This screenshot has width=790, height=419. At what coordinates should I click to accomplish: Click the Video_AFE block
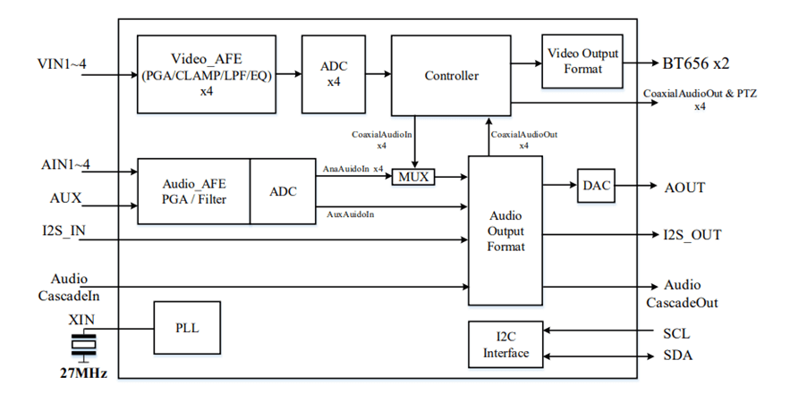click(207, 74)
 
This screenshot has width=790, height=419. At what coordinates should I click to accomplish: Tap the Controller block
click(451, 76)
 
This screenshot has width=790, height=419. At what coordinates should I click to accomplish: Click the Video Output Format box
click(582, 62)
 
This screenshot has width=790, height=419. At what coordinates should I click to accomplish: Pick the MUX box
click(413, 177)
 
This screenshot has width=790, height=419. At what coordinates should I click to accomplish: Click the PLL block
click(187, 328)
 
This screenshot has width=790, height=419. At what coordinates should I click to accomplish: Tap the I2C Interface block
click(505, 344)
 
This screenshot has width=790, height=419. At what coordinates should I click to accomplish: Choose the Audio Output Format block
click(505, 230)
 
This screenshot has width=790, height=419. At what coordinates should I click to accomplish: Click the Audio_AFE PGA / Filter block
click(193, 191)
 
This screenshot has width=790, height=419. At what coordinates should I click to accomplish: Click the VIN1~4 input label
click(61, 64)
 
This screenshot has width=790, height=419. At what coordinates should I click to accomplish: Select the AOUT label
click(684, 188)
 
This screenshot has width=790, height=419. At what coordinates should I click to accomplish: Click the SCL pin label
click(675, 333)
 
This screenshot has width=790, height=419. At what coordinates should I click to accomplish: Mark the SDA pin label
click(676, 356)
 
